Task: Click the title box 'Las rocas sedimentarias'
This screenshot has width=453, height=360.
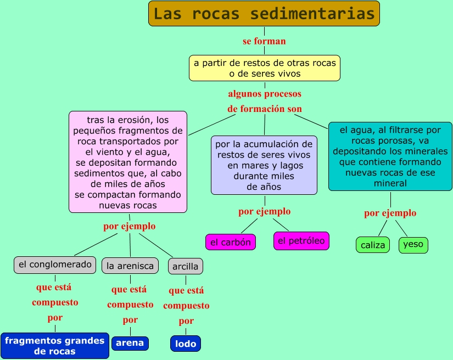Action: tap(264, 14)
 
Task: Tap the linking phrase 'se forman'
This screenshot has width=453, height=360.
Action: tap(264, 41)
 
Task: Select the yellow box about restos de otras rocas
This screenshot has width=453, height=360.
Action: tap(265, 68)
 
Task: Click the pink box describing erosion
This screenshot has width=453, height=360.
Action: tap(128, 162)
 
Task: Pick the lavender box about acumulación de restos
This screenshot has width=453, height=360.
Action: tap(264, 165)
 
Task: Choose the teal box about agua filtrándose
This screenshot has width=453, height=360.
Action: tap(390, 156)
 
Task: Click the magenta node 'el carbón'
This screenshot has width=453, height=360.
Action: tap(231, 242)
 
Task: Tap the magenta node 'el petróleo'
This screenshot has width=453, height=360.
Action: tap(301, 241)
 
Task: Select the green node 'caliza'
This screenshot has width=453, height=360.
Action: tap(373, 245)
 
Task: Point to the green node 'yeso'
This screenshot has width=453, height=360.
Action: tap(413, 244)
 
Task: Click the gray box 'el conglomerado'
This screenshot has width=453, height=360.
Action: tap(55, 265)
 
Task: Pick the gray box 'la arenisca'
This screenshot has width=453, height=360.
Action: tap(130, 266)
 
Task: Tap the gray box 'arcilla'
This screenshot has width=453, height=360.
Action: tap(186, 267)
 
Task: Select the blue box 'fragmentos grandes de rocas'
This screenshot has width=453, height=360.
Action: tap(54, 346)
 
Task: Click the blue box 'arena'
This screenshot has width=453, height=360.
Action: tap(130, 343)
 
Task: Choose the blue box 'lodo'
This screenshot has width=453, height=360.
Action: tap(186, 344)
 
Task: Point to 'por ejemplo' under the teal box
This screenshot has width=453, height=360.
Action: tap(390, 213)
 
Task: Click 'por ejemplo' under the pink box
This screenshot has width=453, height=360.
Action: tap(130, 226)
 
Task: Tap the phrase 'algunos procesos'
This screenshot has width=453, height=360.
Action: tap(265, 94)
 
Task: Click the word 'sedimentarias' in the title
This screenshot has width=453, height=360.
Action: tap(315, 14)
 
